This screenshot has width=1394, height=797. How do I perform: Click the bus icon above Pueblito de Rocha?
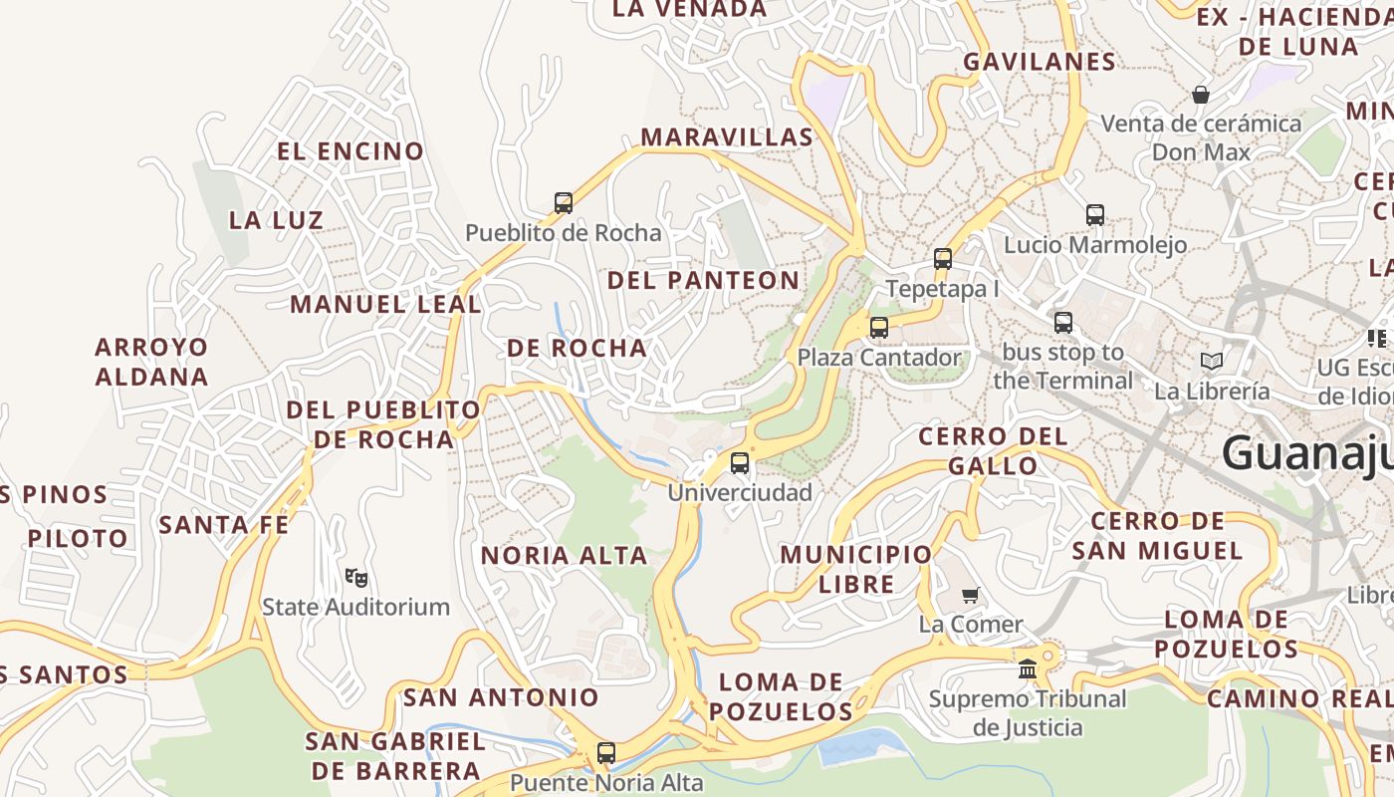coord(564,203)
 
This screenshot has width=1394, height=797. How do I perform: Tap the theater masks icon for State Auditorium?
coord(355,577)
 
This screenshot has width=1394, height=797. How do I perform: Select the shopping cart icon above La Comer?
coord(971,595)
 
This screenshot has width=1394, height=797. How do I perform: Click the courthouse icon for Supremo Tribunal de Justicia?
coord(1028,668)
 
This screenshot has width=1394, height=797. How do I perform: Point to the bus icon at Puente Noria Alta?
coord(606,753)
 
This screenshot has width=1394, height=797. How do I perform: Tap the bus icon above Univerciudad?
coord(739,463)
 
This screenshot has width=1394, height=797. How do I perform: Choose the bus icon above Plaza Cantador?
coord(878,328)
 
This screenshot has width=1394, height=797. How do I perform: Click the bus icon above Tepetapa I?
coord(942,259)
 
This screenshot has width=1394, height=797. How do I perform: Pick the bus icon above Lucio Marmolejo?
coord(1095,215)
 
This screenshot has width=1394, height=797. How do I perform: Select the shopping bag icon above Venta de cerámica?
coord(1201,95)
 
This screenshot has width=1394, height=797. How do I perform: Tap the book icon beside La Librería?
coord(1211,361)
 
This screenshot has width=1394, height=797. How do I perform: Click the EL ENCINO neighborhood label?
coord(350,151)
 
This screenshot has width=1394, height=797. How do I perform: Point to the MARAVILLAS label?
coord(727,137)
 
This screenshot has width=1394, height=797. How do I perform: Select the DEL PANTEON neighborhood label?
coord(703,280)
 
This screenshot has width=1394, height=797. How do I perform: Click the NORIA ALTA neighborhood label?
coord(565,555)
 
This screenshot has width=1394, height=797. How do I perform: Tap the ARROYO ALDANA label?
coord(151,362)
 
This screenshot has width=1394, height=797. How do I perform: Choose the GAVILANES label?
coord(1040,62)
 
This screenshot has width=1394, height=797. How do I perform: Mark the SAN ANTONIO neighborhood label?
coord(501,696)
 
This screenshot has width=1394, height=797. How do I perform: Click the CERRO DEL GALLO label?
coord(993,450)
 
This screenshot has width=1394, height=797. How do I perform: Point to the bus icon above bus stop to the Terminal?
coord(1063,323)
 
